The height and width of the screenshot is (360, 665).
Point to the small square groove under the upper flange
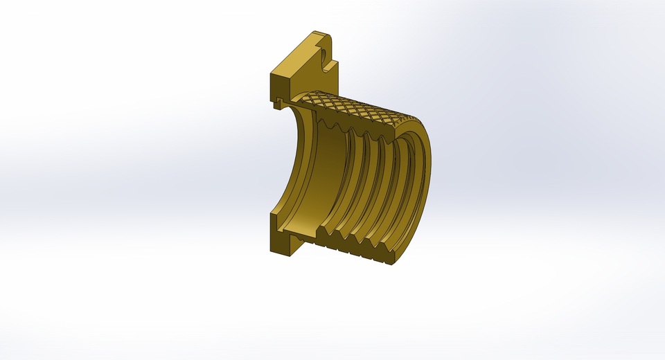(278, 103)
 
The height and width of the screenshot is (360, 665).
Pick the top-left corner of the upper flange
(271, 73)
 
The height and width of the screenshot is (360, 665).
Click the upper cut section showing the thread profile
(367, 125)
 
